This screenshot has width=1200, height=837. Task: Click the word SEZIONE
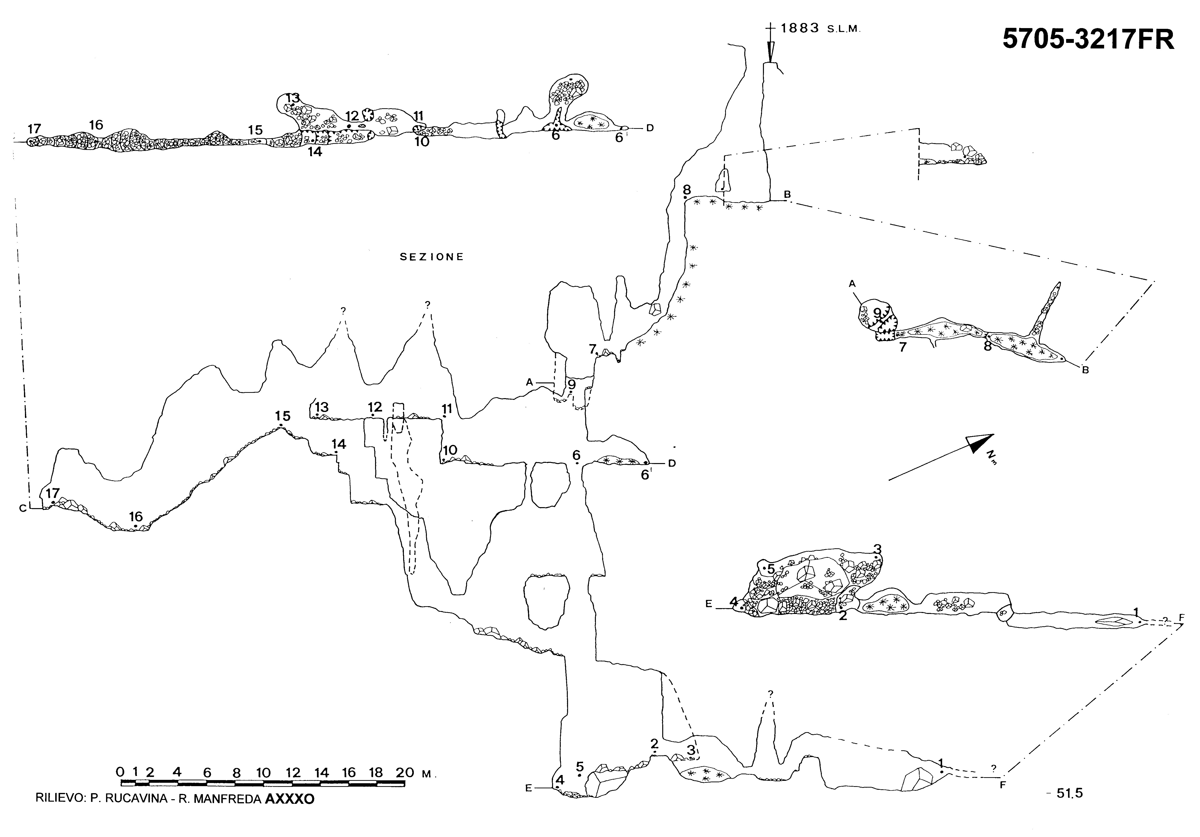(432, 257)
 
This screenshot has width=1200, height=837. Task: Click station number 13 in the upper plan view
(293, 98)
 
